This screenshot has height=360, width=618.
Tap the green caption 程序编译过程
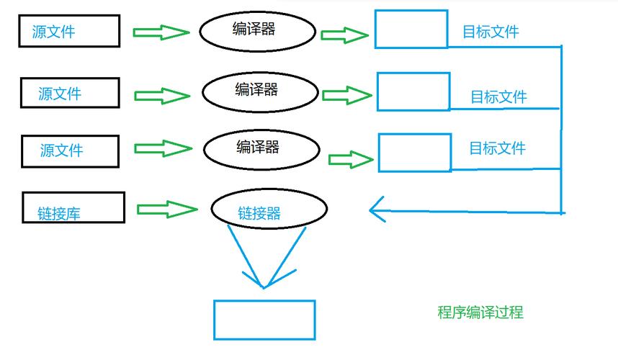tap(480, 312)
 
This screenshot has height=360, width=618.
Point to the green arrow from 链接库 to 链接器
tap(167, 209)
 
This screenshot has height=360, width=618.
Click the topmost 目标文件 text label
tap(491, 32)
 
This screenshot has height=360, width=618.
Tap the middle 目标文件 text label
tap(499, 97)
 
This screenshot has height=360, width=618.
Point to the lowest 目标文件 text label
tap(498, 148)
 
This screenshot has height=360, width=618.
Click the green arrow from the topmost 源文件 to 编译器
tap(161, 32)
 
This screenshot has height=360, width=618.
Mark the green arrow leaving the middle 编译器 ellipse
tap(347, 95)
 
